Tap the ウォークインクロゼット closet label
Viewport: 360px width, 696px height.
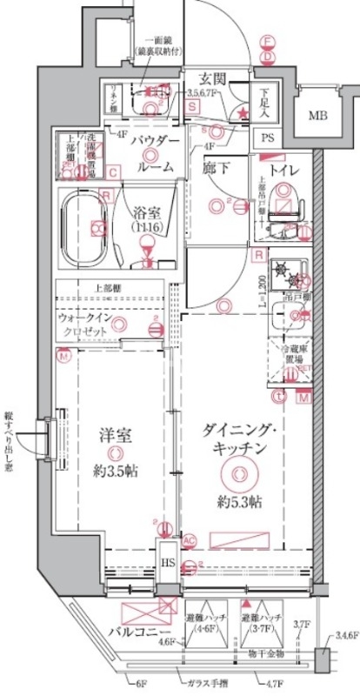(83, 326)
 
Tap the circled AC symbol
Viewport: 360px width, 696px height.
(190, 539)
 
